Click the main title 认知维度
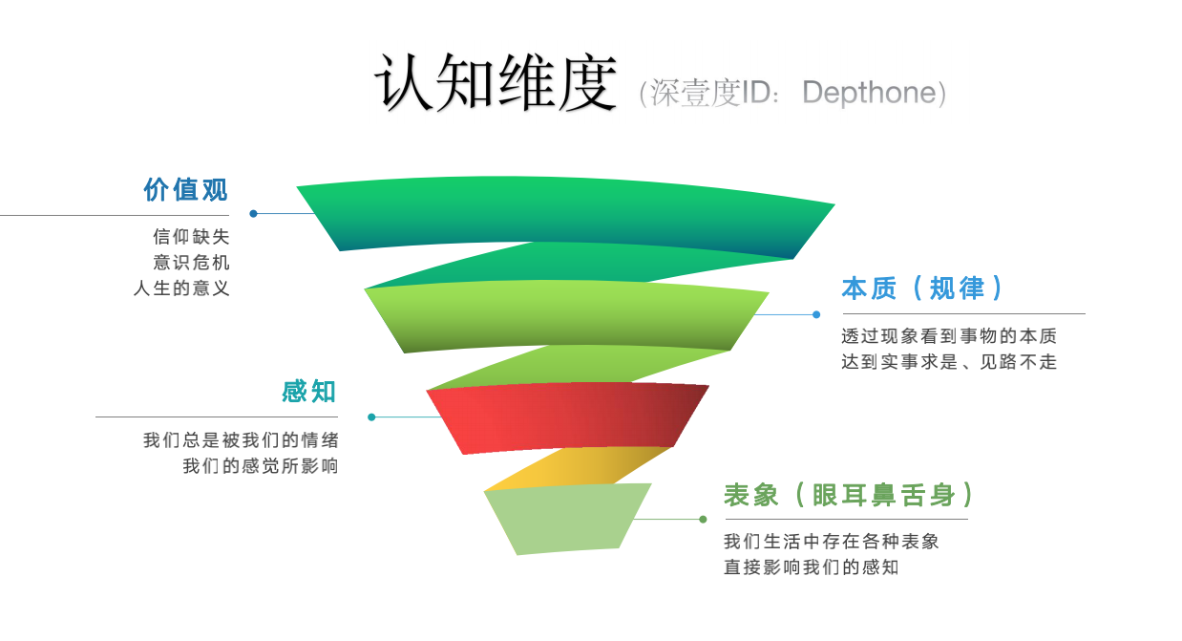[x=495, y=82]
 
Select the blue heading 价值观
[x=186, y=189]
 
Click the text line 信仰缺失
[x=191, y=237]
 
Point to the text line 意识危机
[x=191, y=263]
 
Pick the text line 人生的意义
[x=181, y=288]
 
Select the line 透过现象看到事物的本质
[x=949, y=336]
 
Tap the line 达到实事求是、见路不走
[x=949, y=362]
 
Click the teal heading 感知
[x=309, y=392]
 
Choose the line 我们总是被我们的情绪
[x=241, y=440]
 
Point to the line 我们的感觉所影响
[x=261, y=466]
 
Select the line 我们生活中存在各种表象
[x=832, y=542]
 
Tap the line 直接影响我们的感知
[x=812, y=567]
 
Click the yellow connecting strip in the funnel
[x=573, y=468]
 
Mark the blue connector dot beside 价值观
[x=253, y=213]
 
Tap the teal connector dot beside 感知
[x=371, y=417]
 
